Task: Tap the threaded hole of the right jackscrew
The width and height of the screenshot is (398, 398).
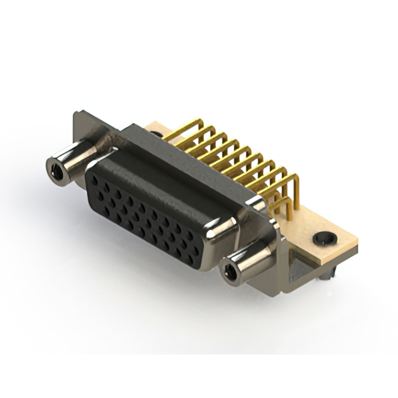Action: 231,271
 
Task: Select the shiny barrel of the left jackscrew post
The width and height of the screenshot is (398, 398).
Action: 73,158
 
